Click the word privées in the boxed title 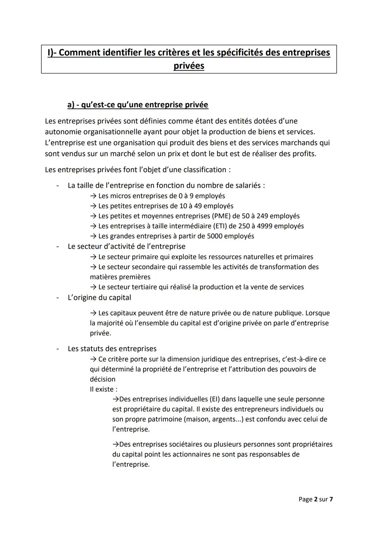tap(189, 66)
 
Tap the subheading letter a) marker tap(71, 105)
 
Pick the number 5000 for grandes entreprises tap(215, 236)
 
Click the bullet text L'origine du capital tap(99, 298)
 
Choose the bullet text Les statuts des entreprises tap(112, 349)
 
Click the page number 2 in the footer tap(316, 499)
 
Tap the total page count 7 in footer tap(331, 499)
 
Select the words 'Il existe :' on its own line tap(104, 389)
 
